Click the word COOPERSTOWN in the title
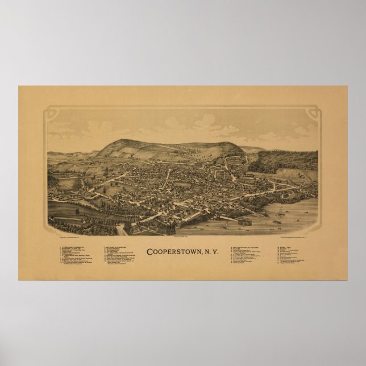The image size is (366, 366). pyautogui.click(x=176, y=251)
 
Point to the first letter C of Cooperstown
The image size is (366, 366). pyautogui.click(x=149, y=251)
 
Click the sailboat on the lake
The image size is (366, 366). pyautogui.click(x=280, y=213)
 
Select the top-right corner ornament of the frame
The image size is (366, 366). pyautogui.click(x=313, y=114)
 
